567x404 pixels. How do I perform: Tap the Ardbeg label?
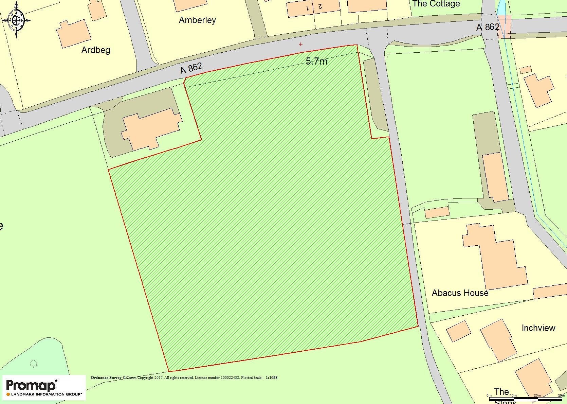(96, 50)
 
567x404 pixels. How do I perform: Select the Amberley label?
(197, 20)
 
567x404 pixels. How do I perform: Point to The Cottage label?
(436, 4)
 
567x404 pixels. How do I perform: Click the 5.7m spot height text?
(316, 61)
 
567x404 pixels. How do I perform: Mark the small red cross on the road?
(300, 44)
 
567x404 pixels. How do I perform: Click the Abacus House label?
(460, 293)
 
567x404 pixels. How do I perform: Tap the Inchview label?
(538, 328)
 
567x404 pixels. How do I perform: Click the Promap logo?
(44, 388)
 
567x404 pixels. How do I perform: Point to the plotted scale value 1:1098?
(271, 377)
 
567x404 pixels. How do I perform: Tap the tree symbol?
(33, 364)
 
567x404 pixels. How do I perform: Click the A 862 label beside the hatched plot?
(191, 68)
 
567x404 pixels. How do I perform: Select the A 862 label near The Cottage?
(488, 27)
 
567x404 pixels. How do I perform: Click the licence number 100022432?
(230, 377)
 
